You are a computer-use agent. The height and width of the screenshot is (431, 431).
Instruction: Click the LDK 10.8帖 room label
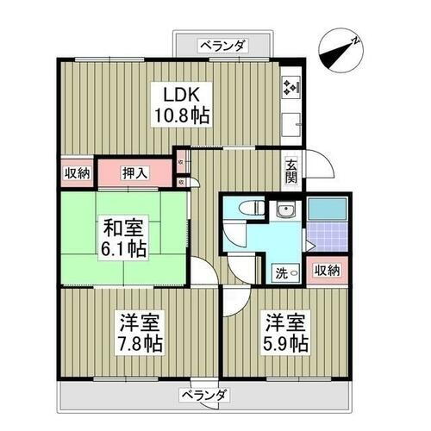[x=180, y=103]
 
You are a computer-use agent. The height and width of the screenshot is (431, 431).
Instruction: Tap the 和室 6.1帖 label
[x=123, y=239]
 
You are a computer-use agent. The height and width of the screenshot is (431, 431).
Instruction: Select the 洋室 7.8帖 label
[x=140, y=332]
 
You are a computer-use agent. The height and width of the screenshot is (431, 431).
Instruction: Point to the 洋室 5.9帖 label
[x=286, y=333]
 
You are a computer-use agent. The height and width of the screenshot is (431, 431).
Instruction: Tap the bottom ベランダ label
[x=205, y=396]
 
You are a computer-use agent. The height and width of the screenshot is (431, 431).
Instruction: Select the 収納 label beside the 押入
[x=77, y=173]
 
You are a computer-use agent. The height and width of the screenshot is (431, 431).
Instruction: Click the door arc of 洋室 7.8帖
[x=202, y=274]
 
